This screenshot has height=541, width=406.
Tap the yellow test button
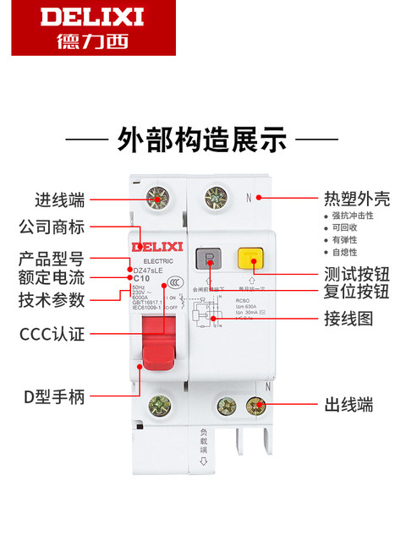[x=250, y=259]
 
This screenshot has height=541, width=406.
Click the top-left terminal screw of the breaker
[x=156, y=200]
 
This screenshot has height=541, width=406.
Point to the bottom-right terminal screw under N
[x=256, y=407]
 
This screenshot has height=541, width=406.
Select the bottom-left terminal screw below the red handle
[x=156, y=407]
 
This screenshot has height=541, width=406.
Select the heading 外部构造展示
[x=202, y=139]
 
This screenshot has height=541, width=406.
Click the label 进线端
[x=59, y=200]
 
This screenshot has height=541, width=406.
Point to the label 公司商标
[x=52, y=227]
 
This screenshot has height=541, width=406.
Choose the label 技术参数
[x=52, y=299]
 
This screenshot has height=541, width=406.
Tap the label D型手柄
[x=52, y=397]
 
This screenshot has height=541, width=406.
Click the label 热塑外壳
[x=356, y=200]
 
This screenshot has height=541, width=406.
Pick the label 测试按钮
[x=356, y=274]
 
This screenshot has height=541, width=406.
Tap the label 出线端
[x=348, y=405]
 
